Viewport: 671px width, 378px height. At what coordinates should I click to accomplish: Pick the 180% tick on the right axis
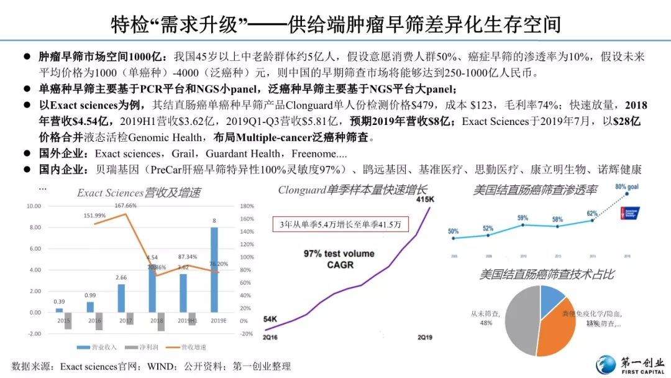247,206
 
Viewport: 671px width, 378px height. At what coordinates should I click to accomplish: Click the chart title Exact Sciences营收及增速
139,193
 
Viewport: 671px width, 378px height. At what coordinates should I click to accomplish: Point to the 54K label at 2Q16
272,319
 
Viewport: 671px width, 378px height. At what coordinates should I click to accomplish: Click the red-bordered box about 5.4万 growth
340,223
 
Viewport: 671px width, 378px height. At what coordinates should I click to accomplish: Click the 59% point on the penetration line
523,224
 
